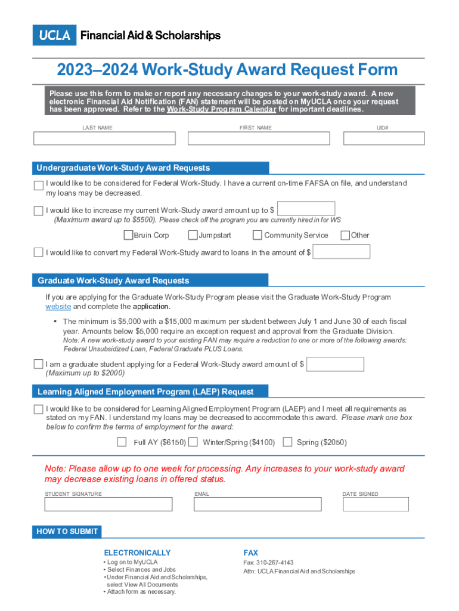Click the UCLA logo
pyautogui.click(x=55, y=35)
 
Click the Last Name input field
pyautogui.click(x=104, y=138)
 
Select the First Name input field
pyautogui.click(x=259, y=138)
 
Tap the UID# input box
pyautogui.click(x=384, y=138)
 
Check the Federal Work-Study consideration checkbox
pyautogui.click(x=39, y=186)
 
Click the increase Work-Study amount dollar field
pyautogui.click(x=306, y=209)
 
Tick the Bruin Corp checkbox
pyautogui.click(x=128, y=235)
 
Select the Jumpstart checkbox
pyautogui.click(x=193, y=235)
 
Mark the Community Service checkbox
pyautogui.click(x=258, y=235)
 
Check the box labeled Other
pyautogui.click(x=345, y=235)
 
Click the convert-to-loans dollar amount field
pyautogui.click(x=342, y=252)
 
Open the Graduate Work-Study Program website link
pyautogui.click(x=58, y=307)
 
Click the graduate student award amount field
pyautogui.click(x=335, y=364)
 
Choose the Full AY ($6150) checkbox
pyautogui.click(x=122, y=442)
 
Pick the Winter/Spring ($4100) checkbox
pyautogui.click(x=193, y=442)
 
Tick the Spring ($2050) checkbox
pyautogui.click(x=287, y=442)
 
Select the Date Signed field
pyautogui.click(x=376, y=504)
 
